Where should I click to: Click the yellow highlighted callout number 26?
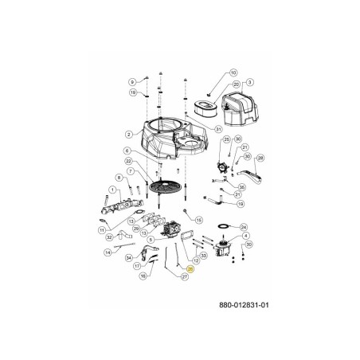coord(190,271)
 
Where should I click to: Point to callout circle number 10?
coord(233,73)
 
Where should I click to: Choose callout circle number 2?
coord(127,135)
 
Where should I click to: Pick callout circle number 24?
coord(244,226)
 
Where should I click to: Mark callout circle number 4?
coord(245,236)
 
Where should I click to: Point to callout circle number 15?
coord(199,219)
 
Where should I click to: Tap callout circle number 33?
coord(203,255)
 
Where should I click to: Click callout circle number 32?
coord(110,236)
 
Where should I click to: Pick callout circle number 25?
coord(204,140)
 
